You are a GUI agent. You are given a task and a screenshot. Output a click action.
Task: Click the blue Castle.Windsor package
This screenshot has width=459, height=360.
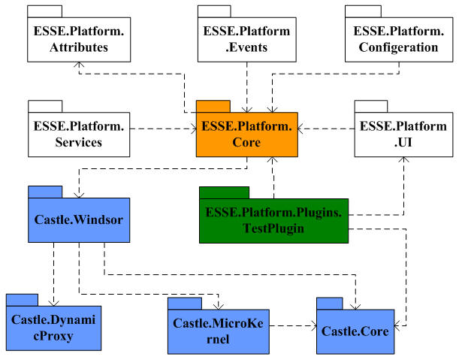79,220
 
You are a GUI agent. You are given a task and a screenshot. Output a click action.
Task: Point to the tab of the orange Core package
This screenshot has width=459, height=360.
213,105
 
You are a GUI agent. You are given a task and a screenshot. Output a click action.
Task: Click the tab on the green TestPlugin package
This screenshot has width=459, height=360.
224,192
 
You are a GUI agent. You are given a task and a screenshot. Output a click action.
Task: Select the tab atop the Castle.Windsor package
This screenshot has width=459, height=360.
44,191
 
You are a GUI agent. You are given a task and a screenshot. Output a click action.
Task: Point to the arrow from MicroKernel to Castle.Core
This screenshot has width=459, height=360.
293,325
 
